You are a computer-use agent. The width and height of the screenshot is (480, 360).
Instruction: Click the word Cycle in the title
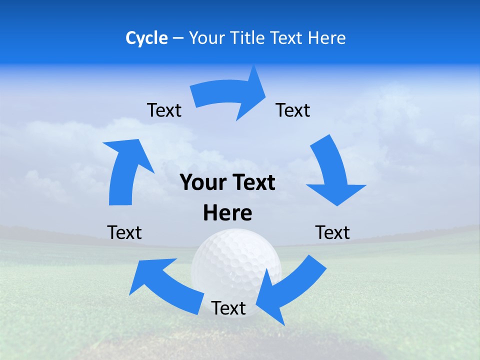click(x=146, y=38)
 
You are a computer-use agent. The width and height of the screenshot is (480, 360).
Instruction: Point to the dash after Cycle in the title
click(x=178, y=38)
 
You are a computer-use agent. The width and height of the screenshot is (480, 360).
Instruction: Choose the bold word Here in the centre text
click(x=227, y=213)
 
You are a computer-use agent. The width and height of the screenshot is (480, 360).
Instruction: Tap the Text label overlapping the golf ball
click(x=228, y=308)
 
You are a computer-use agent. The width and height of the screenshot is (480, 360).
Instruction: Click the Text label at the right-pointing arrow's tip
click(x=293, y=110)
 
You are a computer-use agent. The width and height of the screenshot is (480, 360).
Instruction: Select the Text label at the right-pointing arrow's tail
click(x=164, y=110)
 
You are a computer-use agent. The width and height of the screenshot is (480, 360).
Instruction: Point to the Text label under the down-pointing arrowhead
click(x=332, y=232)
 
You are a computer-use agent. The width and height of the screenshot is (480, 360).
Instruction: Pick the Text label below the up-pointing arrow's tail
click(x=124, y=232)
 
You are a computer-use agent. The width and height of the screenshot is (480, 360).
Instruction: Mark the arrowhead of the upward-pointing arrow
click(x=127, y=152)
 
